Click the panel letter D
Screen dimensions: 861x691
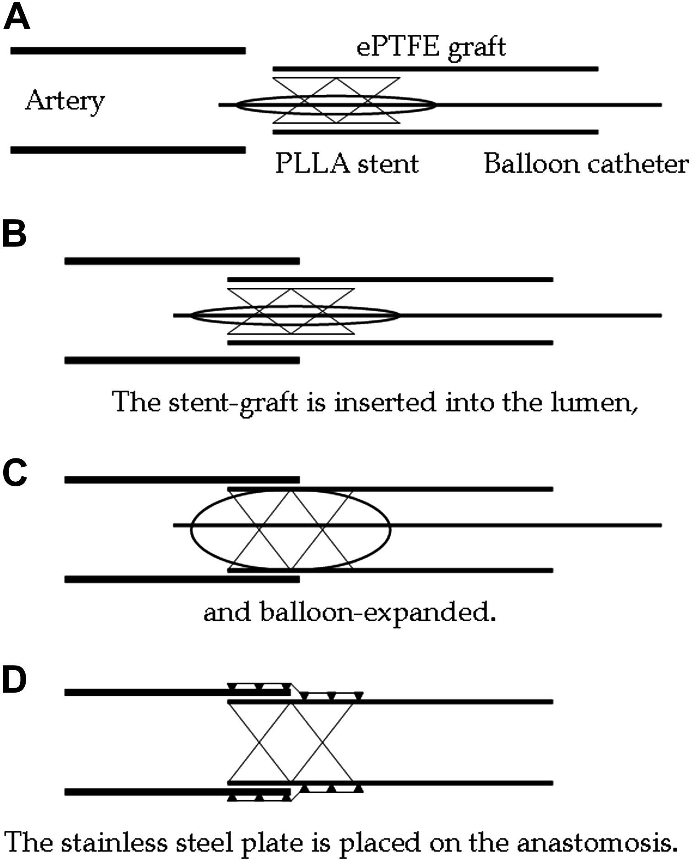15,680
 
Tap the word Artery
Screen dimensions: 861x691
65,101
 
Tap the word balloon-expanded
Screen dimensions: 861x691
378,612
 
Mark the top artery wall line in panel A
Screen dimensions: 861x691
128,50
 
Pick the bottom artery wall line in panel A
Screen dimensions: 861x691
128,150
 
